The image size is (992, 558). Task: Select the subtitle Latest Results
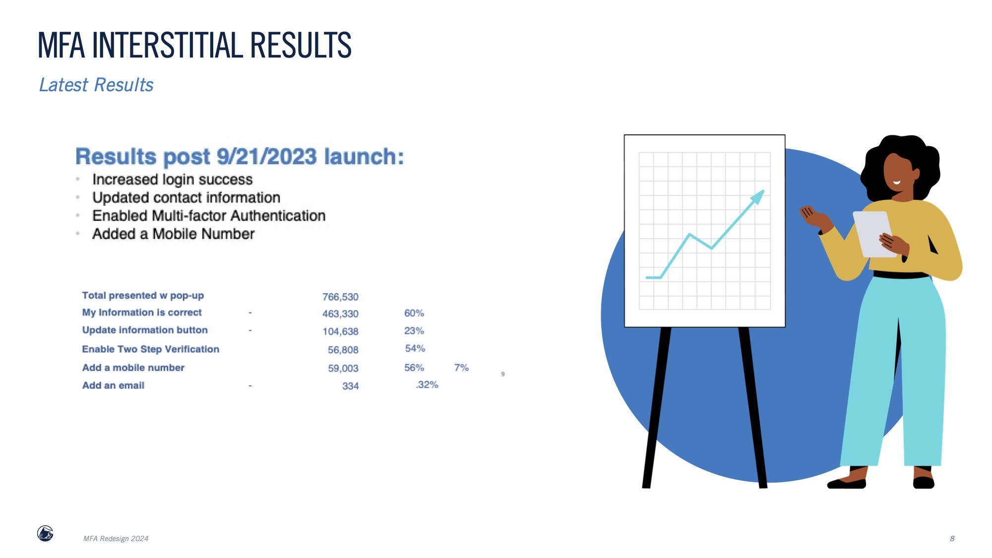96,85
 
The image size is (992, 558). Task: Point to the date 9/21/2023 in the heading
267,157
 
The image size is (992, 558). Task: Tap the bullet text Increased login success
173,180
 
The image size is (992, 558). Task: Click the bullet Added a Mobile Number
174,234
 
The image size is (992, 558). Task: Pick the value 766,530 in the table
340,297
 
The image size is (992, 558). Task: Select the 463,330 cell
340,313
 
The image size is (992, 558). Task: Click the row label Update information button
145,330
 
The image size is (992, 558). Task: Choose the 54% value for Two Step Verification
415,348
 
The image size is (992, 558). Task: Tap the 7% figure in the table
461,368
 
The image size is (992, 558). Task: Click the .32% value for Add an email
427,384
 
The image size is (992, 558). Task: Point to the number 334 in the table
350,386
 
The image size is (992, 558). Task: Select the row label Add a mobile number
133,368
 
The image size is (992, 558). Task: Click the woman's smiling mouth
897,182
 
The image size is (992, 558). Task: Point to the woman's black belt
900,275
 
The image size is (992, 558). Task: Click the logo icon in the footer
45,534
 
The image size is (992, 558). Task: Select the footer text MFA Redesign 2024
116,539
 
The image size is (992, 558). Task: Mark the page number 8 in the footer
952,539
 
